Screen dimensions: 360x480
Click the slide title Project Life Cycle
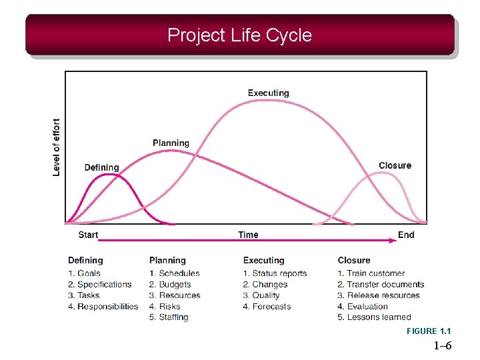point(239,35)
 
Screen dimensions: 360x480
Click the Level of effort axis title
point(57,147)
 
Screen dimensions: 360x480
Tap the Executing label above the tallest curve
point(268,93)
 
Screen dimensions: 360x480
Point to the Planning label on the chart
point(171,143)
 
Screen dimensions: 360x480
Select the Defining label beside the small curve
point(101,167)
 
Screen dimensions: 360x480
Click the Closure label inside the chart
point(395,165)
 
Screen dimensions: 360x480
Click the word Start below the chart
point(88,235)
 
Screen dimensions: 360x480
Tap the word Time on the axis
point(248,235)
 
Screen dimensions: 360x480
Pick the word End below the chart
point(405,235)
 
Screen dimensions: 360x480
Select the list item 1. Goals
point(84,273)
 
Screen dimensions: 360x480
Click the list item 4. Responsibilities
point(103,307)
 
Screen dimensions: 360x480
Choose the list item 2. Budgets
point(171,285)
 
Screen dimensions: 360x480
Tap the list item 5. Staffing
point(169,317)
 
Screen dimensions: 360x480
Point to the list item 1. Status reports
point(275,273)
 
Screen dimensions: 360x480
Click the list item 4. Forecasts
point(267,307)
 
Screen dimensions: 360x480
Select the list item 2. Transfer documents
point(381,285)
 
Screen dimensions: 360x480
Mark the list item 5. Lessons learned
point(374,317)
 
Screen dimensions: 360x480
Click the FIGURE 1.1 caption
point(429,331)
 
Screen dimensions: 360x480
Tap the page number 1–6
point(442,345)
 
